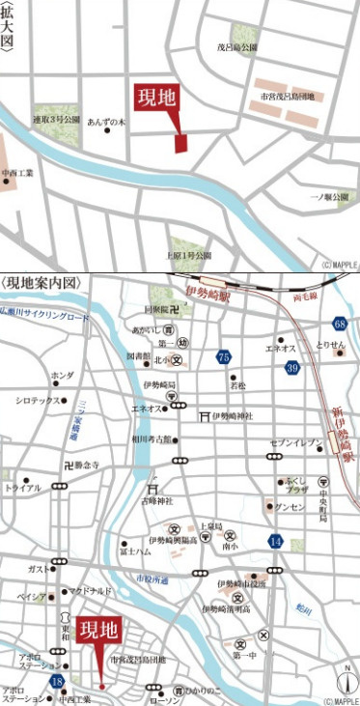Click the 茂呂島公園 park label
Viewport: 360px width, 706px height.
pyautogui.click(x=235, y=47)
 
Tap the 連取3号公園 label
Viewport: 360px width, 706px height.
pyautogui.click(x=55, y=119)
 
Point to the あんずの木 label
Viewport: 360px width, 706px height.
pyautogui.click(x=107, y=123)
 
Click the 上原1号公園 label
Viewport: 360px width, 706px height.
pyautogui.click(x=188, y=256)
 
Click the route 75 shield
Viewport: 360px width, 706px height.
pyautogui.click(x=224, y=356)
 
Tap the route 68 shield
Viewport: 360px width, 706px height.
pyautogui.click(x=340, y=324)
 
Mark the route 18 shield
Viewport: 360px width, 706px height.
pyautogui.click(x=58, y=681)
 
